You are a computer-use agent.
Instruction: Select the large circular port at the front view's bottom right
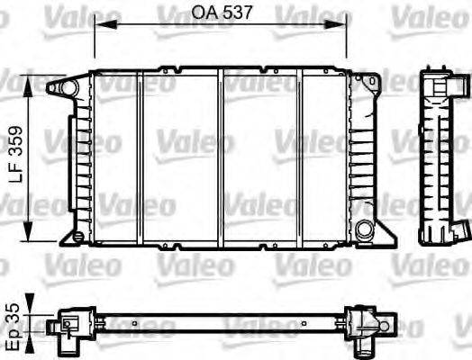click(x=364, y=229)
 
